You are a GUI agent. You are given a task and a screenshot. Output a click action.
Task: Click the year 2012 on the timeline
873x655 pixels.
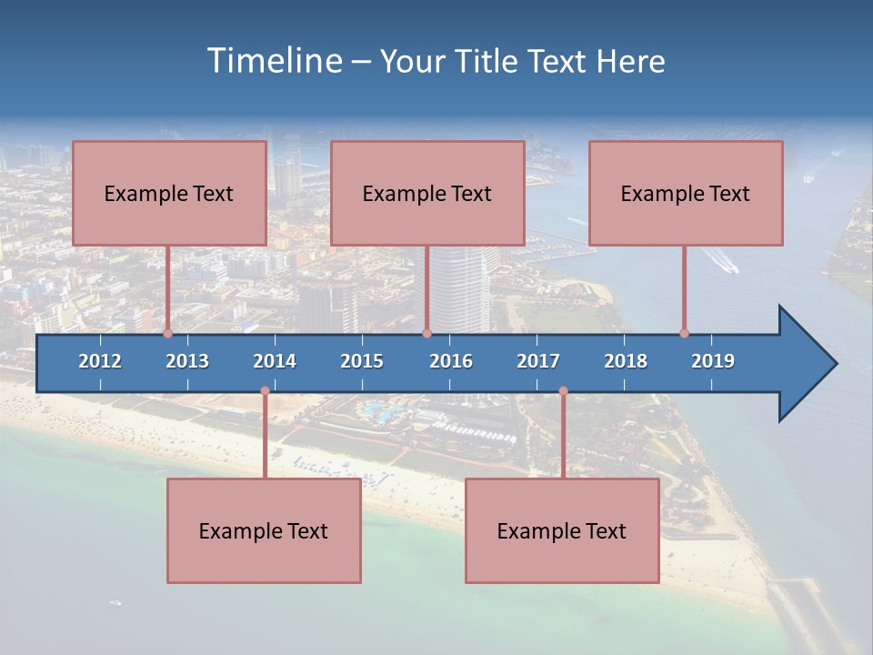100,361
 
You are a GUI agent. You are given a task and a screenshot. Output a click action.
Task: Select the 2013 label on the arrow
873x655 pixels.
187,361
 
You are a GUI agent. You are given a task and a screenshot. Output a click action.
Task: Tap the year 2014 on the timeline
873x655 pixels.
275,361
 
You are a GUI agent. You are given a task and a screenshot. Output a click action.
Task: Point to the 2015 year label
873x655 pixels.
362,361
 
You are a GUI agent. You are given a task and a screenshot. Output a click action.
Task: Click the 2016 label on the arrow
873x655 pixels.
451,361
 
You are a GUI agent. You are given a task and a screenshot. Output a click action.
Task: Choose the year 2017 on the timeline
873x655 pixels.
538,361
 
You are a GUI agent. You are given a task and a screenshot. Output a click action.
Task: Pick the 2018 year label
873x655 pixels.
626,361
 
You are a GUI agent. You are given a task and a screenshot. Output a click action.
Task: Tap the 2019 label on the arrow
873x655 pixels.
713,361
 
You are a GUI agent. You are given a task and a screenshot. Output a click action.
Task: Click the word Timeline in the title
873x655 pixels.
274,61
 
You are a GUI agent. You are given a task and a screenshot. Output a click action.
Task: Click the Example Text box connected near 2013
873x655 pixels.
169,193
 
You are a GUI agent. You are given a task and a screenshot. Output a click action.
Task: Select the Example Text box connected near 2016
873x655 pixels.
427,193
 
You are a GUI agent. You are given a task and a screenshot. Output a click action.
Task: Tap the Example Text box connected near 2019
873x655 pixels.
686,193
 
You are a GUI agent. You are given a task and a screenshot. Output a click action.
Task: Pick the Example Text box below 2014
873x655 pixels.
264,530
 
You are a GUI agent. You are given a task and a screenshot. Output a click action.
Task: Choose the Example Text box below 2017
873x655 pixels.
562,530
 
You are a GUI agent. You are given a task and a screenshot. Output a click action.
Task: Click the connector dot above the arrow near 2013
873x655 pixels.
168,334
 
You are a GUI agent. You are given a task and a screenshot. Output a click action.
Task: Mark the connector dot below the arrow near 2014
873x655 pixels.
265,391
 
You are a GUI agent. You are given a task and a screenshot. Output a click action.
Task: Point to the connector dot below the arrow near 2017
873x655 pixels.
563,391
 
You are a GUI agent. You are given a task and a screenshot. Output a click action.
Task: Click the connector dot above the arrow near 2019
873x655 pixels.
684,334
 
